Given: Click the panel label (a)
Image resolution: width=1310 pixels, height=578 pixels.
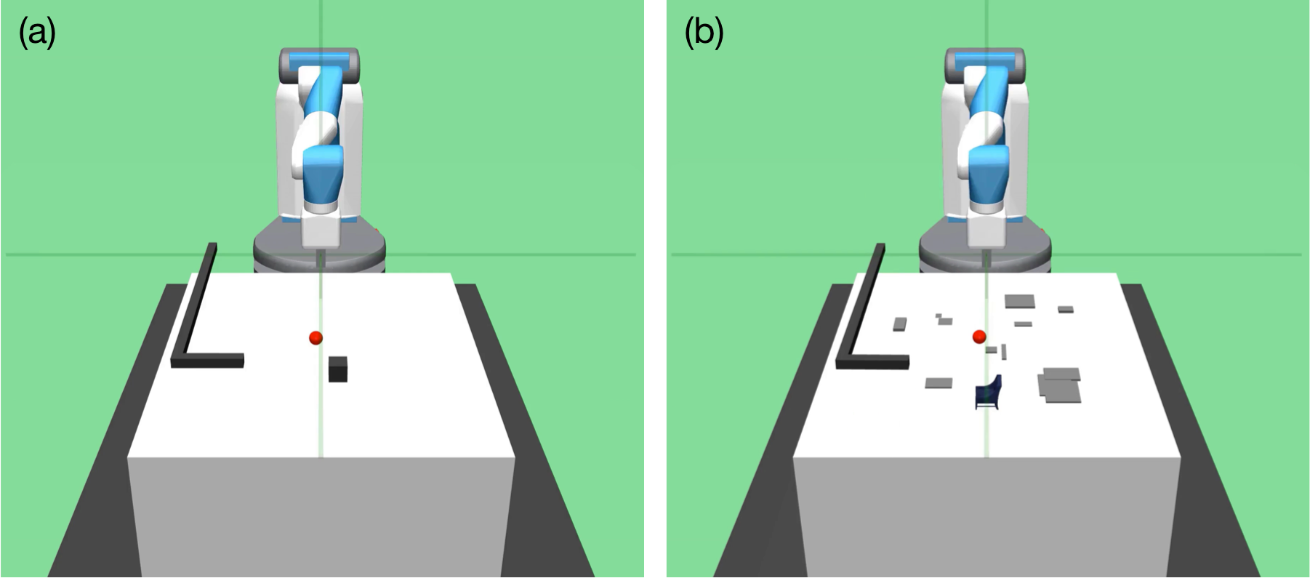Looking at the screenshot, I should tap(36, 33).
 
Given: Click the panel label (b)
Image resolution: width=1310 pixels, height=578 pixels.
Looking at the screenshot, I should tap(704, 33).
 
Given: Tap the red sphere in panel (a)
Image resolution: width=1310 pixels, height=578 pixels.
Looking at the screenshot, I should tap(316, 337).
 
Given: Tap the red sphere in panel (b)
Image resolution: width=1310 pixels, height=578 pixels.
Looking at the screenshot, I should tap(979, 336).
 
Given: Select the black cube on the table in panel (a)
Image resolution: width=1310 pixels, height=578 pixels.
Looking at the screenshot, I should tap(337, 369).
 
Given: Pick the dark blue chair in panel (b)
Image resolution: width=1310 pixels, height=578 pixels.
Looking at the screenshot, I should tap(988, 393).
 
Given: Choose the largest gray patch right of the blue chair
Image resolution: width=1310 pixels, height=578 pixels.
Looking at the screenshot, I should tap(1061, 385).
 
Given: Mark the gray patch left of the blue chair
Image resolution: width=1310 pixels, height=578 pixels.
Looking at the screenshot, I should tap(939, 383).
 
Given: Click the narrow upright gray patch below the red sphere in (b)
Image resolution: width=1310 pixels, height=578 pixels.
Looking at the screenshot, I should tap(1004, 352).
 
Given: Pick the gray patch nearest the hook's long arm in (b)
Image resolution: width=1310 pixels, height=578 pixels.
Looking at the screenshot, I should tap(900, 324).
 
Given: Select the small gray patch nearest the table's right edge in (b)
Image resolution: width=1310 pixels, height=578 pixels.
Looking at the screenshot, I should tap(1066, 309).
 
